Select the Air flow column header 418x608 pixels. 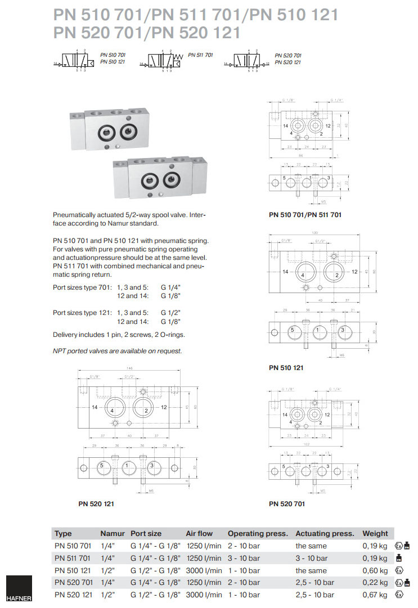click(x=199, y=533)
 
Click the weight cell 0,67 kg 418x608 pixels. click(x=375, y=595)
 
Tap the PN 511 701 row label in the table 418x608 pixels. click(x=72, y=558)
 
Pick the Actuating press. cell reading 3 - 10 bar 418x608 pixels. click(x=311, y=558)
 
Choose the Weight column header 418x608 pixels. click(x=375, y=533)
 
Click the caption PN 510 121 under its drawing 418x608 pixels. click(x=286, y=368)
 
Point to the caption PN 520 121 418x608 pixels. click(x=96, y=503)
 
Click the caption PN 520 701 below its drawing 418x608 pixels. click(x=287, y=503)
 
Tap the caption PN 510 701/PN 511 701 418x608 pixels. click(x=305, y=214)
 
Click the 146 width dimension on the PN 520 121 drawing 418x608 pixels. click(x=131, y=368)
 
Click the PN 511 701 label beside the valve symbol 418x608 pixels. click(x=200, y=55)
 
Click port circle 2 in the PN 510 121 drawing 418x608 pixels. click(x=336, y=273)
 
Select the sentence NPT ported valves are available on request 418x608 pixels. click(x=117, y=351)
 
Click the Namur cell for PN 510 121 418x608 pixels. click(x=107, y=570)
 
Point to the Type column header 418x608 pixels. click(x=63, y=533)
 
